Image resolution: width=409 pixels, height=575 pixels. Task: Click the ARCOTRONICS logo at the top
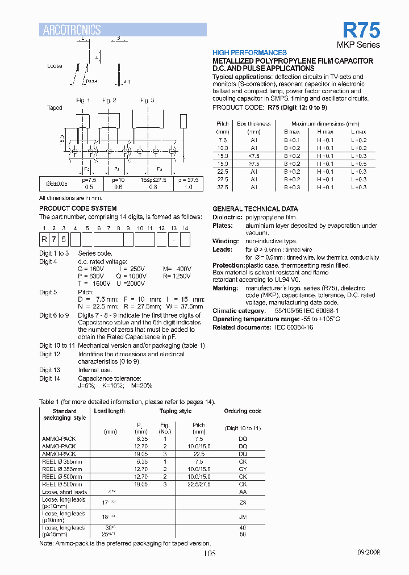pos(72,30)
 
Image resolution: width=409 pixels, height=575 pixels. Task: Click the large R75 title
pos(361,30)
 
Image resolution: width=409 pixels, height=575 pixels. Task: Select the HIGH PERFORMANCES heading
pos(249,52)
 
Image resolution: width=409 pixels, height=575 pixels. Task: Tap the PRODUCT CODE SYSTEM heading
pos(78,209)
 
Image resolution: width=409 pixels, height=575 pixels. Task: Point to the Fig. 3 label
pos(147,101)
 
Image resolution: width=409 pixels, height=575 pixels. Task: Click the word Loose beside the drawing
pos(55,66)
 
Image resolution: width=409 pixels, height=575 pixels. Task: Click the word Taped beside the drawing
pos(55,107)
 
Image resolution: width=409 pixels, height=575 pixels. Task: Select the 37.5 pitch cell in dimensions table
pos(223,187)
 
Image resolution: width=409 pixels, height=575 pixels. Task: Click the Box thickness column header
pos(254,123)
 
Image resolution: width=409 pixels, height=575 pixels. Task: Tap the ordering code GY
pos(243,469)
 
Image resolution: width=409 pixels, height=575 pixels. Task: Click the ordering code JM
pos(243,517)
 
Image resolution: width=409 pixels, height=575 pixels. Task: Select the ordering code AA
pos(243,491)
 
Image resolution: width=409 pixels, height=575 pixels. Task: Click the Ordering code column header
pos(243,411)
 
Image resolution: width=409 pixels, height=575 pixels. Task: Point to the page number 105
pos(209,554)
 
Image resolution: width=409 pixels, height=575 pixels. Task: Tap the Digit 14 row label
pos(49,378)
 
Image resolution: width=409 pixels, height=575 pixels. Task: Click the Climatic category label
pos(239,311)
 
